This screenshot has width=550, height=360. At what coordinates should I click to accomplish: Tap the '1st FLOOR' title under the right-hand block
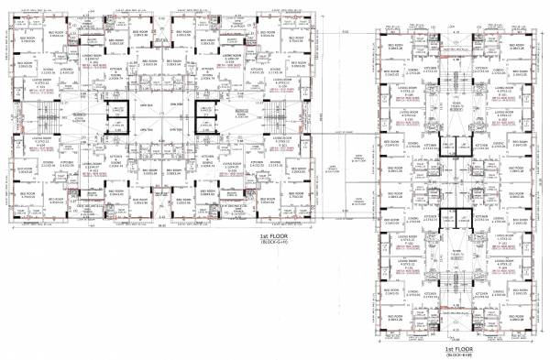point(458,349)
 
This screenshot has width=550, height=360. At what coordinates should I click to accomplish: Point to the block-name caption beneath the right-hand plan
point(458,355)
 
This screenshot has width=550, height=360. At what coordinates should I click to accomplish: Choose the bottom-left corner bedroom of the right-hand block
point(395,316)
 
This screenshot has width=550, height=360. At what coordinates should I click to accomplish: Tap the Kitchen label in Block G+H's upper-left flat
point(68,70)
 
